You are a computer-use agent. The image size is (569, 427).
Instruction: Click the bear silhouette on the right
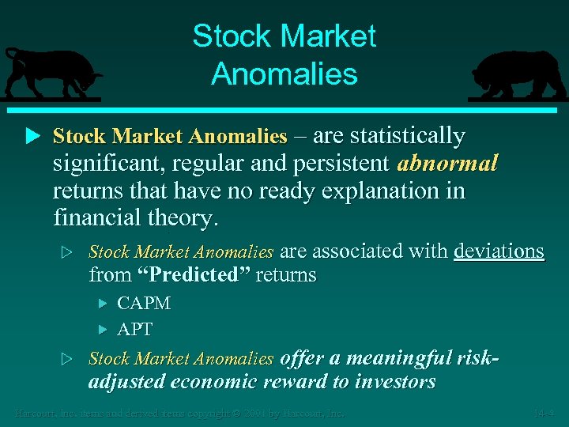coord(517,76)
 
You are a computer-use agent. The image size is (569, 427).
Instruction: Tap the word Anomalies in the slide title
coord(284,74)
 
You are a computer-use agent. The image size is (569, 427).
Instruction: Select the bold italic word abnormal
coord(448,164)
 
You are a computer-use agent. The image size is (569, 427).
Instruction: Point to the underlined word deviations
coord(499,251)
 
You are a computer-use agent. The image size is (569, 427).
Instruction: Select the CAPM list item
coord(144,303)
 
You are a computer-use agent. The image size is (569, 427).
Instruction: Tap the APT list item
coord(135,329)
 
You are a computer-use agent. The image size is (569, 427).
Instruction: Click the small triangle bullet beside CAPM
coord(102,303)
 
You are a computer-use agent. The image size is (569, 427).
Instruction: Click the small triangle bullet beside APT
coord(102,329)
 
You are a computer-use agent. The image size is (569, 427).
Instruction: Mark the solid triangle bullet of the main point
coord(32,136)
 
